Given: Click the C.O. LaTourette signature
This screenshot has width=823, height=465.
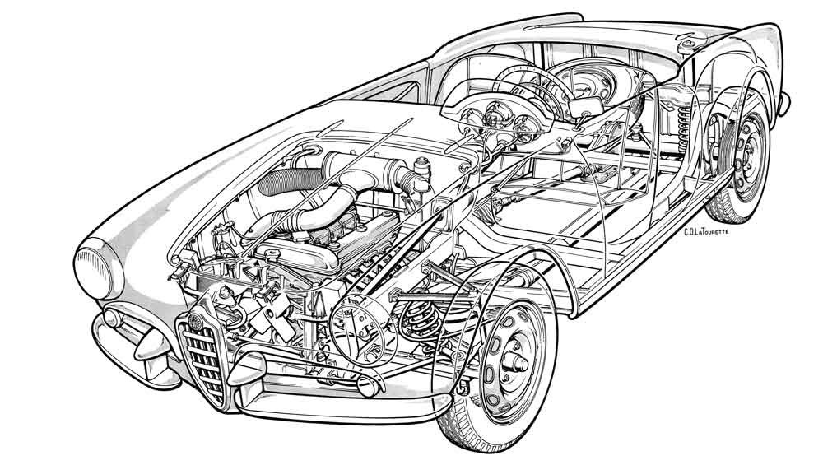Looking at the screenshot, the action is click(x=706, y=231).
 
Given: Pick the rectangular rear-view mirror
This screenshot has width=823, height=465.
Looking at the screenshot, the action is click(x=586, y=107).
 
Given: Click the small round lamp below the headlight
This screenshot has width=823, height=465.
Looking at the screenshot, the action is click(x=112, y=318).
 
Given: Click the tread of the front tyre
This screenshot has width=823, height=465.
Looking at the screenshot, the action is click(x=462, y=420).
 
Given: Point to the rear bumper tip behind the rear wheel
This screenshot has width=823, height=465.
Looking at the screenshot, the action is click(x=784, y=103).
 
